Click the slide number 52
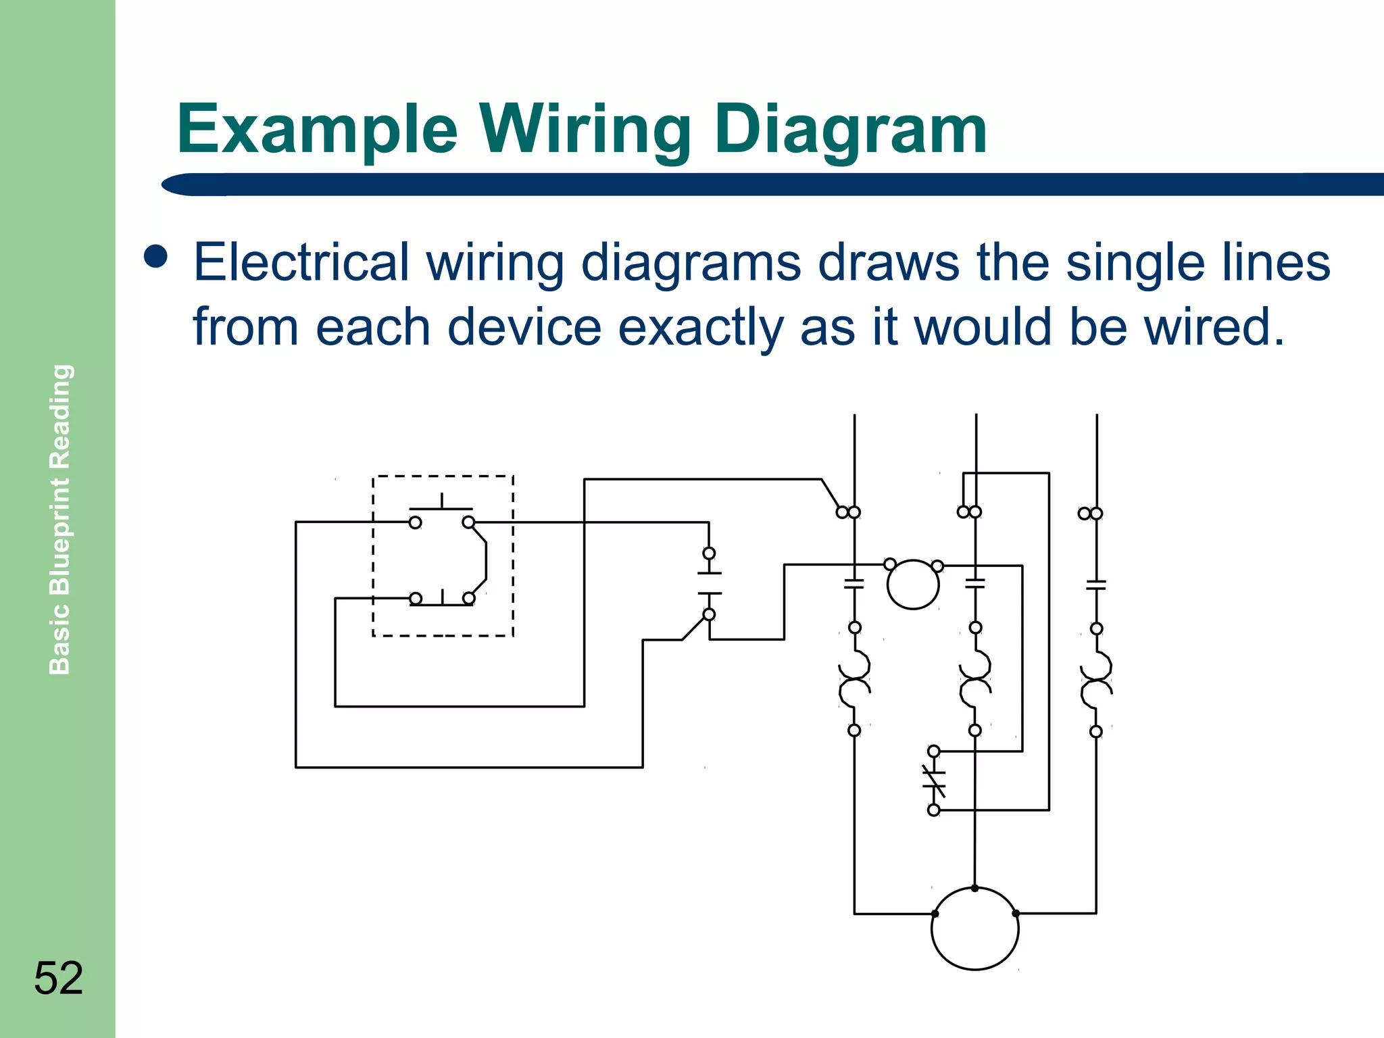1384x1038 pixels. click(59, 978)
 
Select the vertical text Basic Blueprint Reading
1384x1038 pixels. click(60, 519)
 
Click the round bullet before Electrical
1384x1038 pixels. click(156, 257)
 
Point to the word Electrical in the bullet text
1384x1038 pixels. click(301, 262)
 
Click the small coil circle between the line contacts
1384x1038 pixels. click(913, 585)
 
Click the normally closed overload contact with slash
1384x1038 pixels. click(934, 781)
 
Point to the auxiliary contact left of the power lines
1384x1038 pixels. click(709, 583)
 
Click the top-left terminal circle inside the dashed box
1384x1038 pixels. click(415, 522)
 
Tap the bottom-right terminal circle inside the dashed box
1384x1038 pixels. click(468, 598)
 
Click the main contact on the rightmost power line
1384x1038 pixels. click(1096, 585)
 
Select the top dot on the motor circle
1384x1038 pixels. click(974, 888)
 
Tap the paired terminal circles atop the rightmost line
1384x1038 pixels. click(1090, 514)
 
